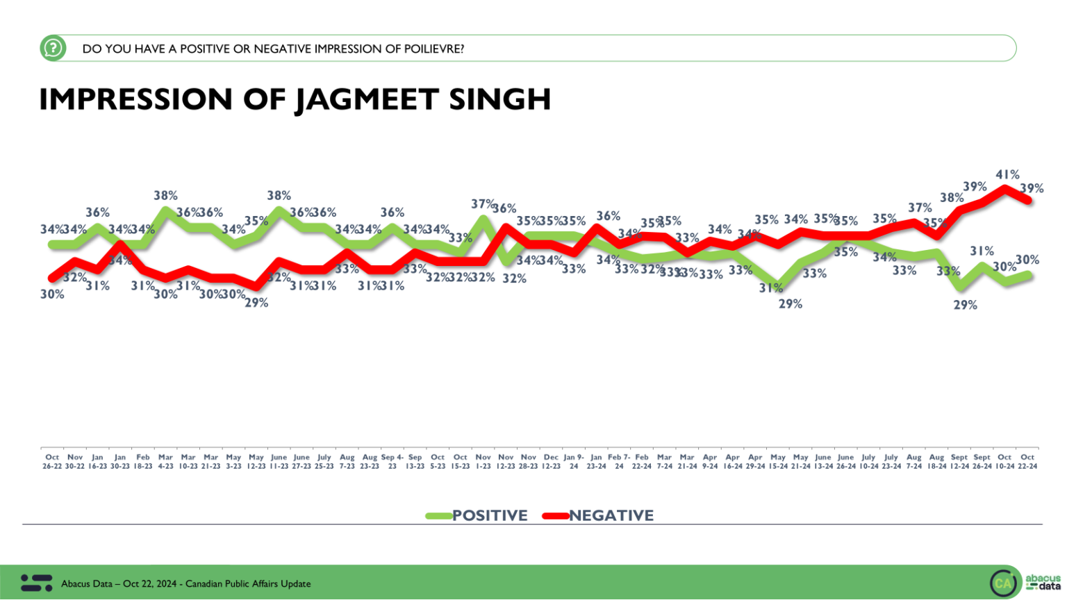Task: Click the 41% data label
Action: (1007, 175)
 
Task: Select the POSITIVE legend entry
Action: (489, 515)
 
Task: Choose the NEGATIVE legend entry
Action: (611, 515)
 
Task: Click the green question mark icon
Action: (53, 49)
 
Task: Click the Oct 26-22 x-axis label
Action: (52, 462)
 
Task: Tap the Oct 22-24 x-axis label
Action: (1027, 462)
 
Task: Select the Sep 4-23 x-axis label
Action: (392, 462)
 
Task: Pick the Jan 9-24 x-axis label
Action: (574, 462)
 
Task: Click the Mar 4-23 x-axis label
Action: (165, 462)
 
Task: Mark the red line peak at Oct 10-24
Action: (1005, 187)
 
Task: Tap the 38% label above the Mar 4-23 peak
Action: (165, 196)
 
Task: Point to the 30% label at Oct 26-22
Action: (52, 294)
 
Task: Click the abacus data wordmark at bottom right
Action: (1043, 582)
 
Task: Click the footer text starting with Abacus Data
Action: (185, 584)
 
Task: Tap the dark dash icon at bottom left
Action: (36, 583)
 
